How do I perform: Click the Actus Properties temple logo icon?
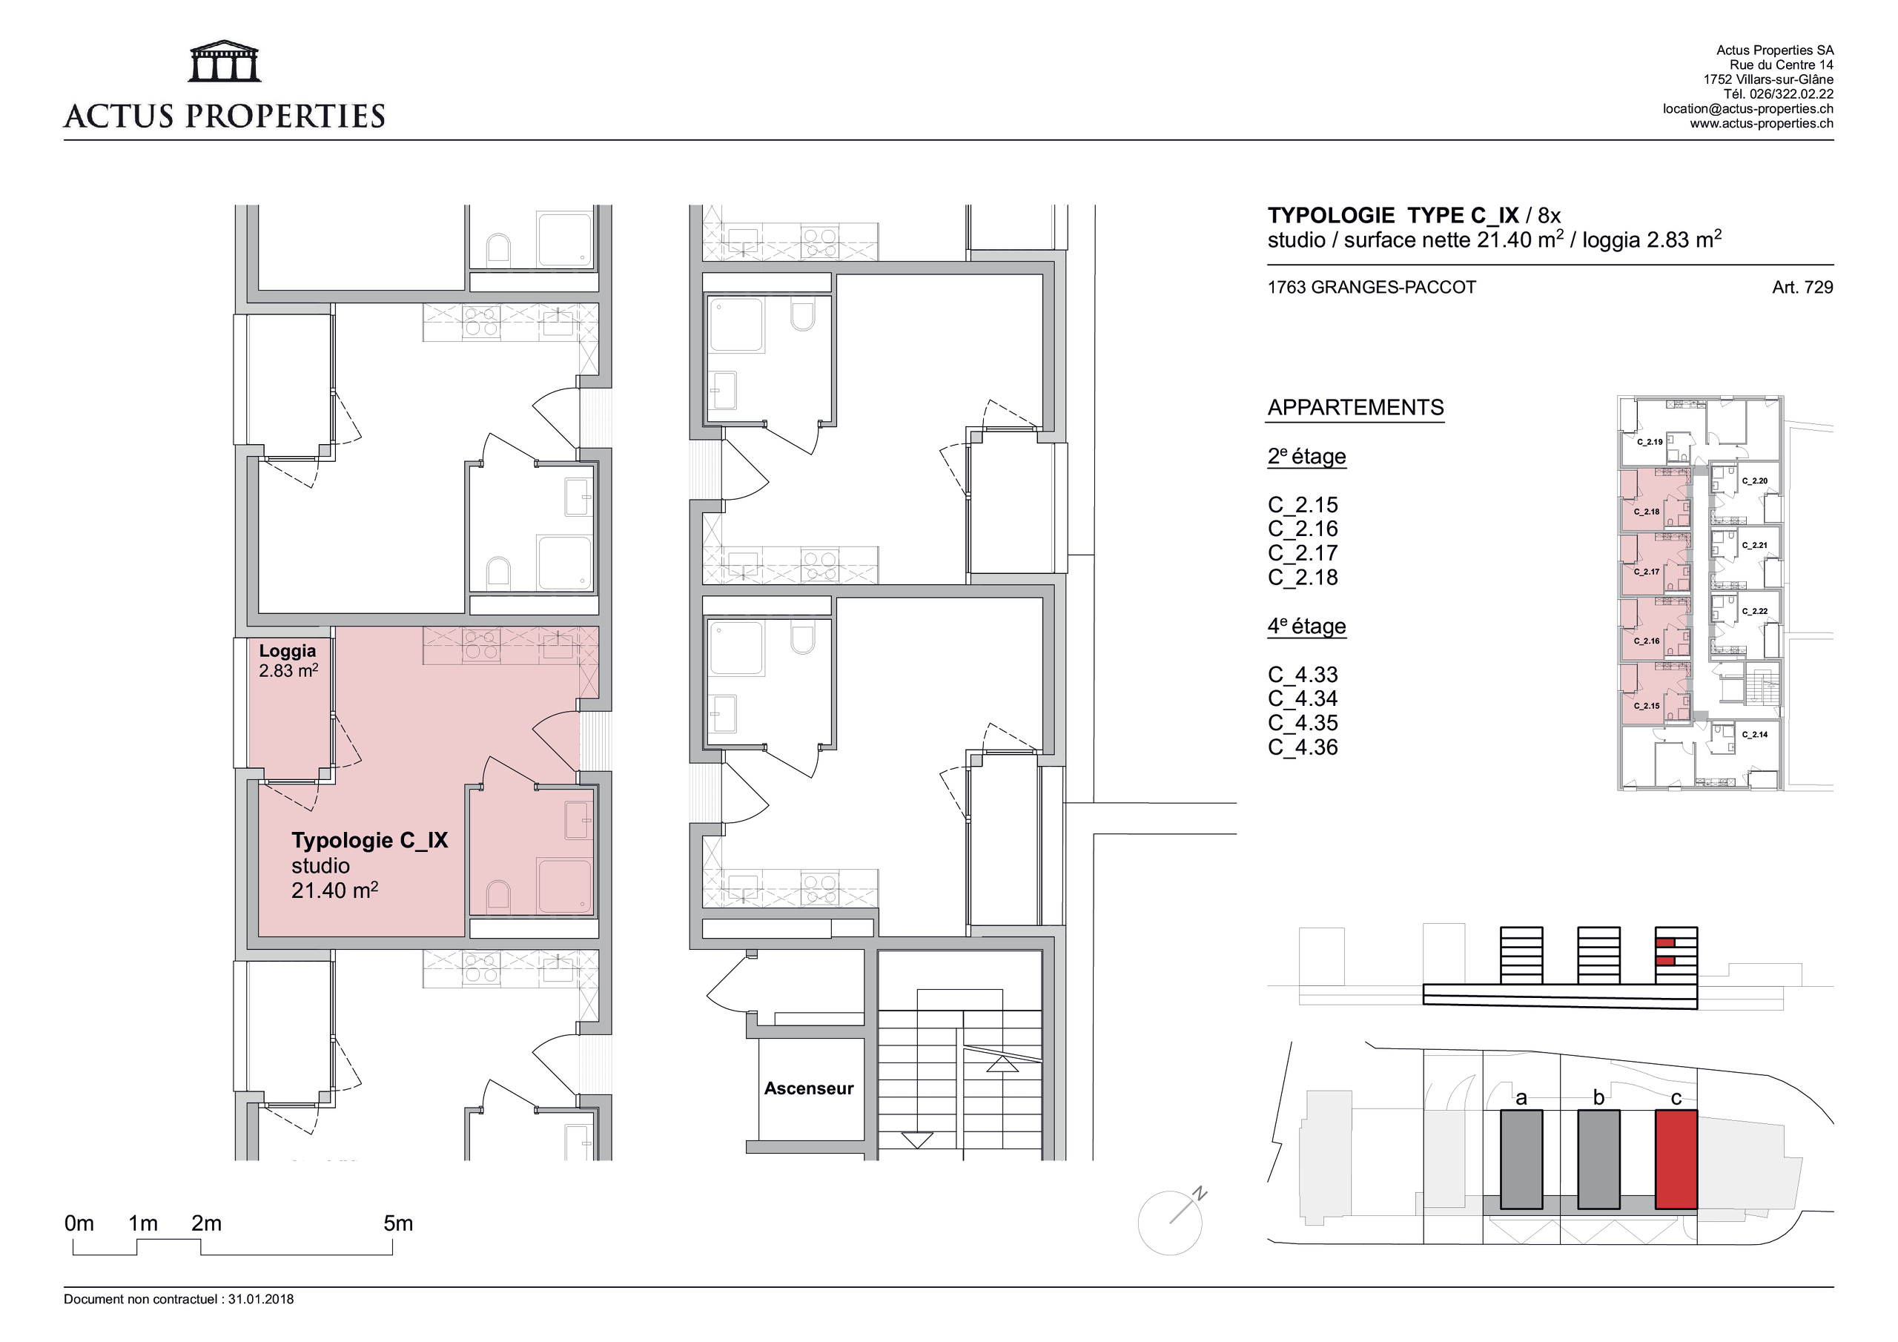pyautogui.click(x=225, y=62)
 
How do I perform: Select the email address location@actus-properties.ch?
pyautogui.click(x=1747, y=109)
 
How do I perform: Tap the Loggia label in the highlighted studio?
pyautogui.click(x=288, y=651)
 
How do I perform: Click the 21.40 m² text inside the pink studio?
pyautogui.click(x=335, y=890)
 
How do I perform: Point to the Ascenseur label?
pyautogui.click(x=808, y=1088)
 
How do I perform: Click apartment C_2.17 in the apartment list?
pyautogui.click(x=1303, y=553)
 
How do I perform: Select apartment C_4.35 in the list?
pyautogui.click(x=1303, y=723)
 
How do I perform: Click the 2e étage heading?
pyautogui.click(x=1307, y=457)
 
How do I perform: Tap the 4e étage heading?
pyautogui.click(x=1307, y=626)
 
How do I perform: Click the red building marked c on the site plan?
pyautogui.click(x=1676, y=1160)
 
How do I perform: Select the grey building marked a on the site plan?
pyautogui.click(x=1521, y=1160)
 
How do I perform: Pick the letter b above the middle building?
pyautogui.click(x=1598, y=1097)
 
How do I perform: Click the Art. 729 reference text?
pyautogui.click(x=1802, y=287)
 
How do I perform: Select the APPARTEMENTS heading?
pyautogui.click(x=1356, y=408)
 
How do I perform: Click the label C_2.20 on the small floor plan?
pyautogui.click(x=1754, y=481)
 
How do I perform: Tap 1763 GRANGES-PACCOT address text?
pyautogui.click(x=1372, y=287)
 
